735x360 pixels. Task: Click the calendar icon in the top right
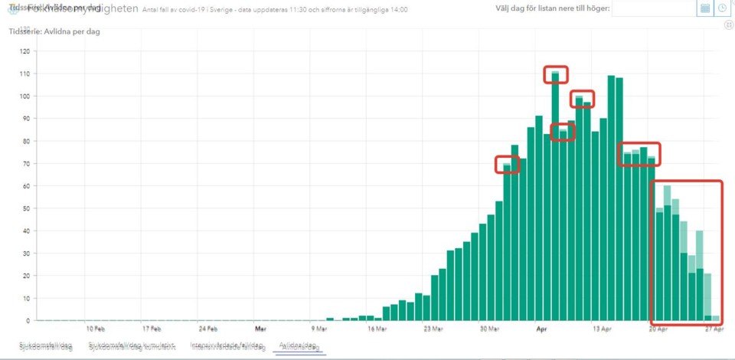tap(705, 8)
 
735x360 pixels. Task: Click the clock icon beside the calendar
tap(723, 8)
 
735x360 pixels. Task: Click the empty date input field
tap(654, 8)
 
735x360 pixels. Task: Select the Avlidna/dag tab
tap(299, 346)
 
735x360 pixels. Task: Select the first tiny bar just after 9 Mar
tap(330, 319)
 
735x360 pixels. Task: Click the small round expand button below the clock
tap(729, 25)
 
